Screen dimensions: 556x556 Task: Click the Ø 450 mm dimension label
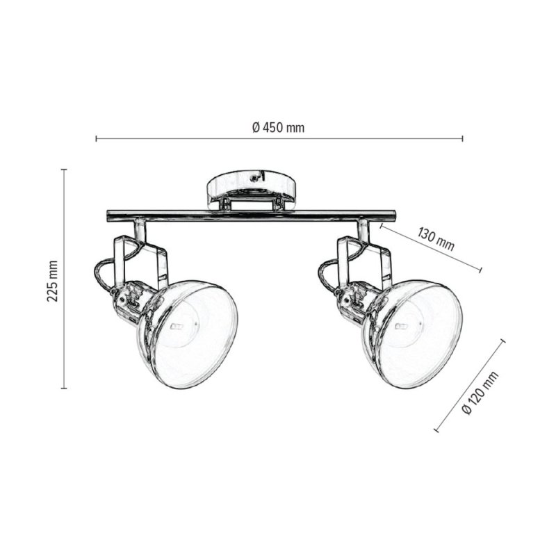[277, 127]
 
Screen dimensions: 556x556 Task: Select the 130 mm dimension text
[436, 238]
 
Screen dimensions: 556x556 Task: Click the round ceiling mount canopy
[251, 186]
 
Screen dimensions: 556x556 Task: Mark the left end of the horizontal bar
[109, 215]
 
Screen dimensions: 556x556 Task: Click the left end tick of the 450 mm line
[95, 139]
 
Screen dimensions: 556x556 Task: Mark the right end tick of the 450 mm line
[463, 139]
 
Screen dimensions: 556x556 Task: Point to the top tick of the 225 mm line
[64, 169]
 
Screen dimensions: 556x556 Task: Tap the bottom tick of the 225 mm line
[64, 389]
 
